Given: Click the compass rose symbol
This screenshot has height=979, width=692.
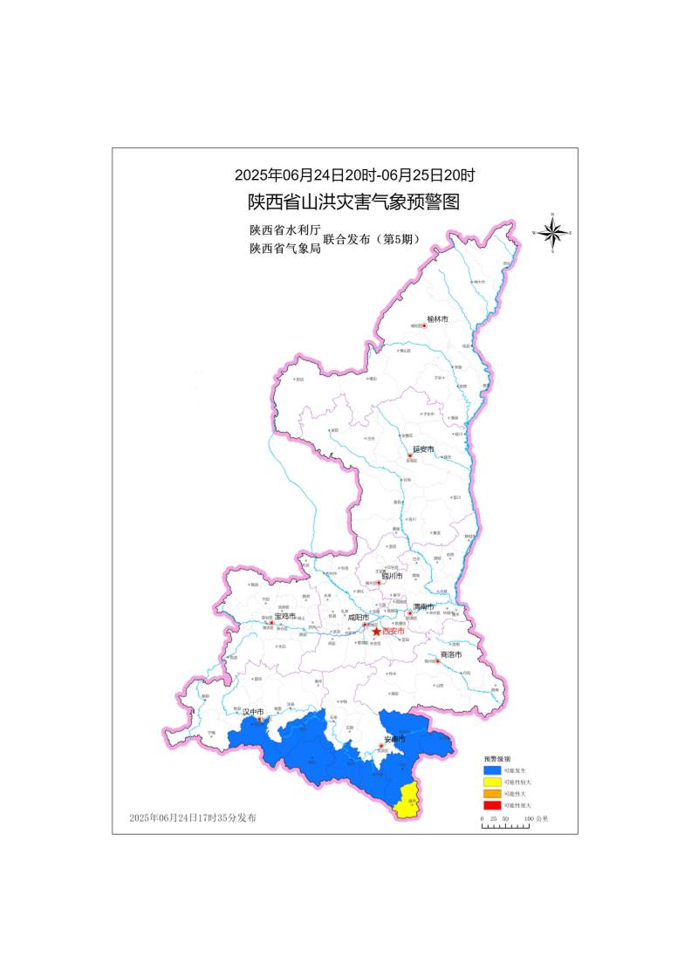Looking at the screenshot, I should tap(552, 232).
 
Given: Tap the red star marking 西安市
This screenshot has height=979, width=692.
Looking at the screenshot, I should tap(376, 631).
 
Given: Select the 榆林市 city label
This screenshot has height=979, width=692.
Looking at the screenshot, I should tap(437, 319).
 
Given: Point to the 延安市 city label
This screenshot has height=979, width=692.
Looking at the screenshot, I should tap(424, 448).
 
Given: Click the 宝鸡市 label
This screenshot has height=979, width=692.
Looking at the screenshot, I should tap(285, 616).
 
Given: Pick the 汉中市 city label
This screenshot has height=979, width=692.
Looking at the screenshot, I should tap(252, 712).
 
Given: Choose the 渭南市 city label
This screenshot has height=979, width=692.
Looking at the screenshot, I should tap(423, 606).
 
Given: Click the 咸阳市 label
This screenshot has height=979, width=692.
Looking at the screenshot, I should tap(359, 617).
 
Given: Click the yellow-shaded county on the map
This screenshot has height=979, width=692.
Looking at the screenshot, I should tap(406, 801).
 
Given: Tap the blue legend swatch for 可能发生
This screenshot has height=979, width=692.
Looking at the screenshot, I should tap(492, 770).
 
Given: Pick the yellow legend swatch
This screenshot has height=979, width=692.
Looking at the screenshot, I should tap(492, 782).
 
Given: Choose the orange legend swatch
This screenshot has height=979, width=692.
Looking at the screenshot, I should tap(492, 793).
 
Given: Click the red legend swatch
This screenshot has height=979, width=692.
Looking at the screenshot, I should tap(492, 804).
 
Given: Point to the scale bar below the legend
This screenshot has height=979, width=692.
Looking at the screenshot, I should tap(504, 825).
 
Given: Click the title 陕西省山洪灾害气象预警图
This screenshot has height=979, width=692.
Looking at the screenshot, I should tap(353, 202).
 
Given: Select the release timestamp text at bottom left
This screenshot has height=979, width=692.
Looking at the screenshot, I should tap(193, 818).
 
